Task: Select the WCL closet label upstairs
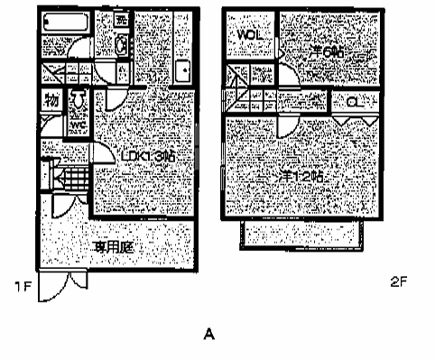point(249,34)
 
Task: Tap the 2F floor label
point(400,282)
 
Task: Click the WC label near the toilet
point(79,124)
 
